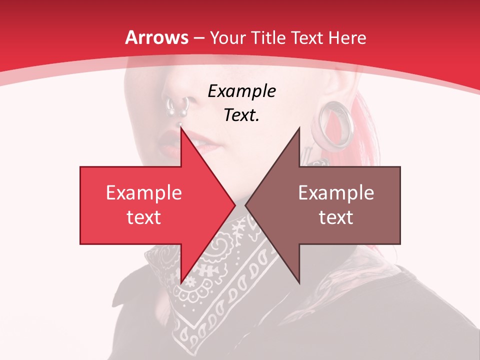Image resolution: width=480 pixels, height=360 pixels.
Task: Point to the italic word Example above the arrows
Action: (241, 91)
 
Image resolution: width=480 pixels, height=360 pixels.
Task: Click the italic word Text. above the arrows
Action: (241, 115)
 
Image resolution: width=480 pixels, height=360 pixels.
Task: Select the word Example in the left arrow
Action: (143, 193)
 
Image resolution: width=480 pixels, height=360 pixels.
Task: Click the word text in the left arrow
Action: (143, 217)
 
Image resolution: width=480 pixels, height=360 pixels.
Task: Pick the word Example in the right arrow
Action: (336, 193)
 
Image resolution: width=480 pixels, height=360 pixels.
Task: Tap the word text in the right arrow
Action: (336, 217)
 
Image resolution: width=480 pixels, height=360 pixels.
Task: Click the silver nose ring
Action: (177, 106)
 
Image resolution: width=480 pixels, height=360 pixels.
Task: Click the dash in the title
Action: (199, 38)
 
